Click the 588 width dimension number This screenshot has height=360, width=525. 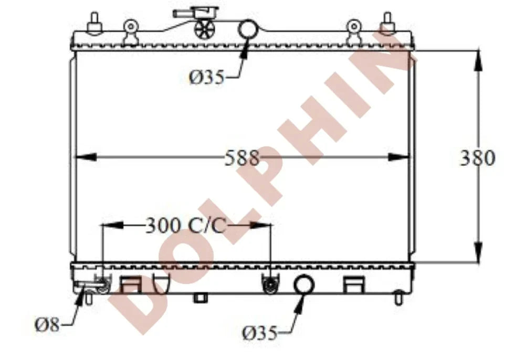coord(241,157)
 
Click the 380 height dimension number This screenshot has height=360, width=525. coord(477,157)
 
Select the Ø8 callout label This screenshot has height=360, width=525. coord(47,324)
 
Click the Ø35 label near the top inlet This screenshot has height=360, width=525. coord(206,78)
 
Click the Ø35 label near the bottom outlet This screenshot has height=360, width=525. coord(260,333)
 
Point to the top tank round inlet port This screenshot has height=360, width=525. coord(248,29)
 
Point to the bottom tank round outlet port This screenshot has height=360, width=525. coord(304,285)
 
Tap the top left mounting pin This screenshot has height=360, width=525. coord(94,23)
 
